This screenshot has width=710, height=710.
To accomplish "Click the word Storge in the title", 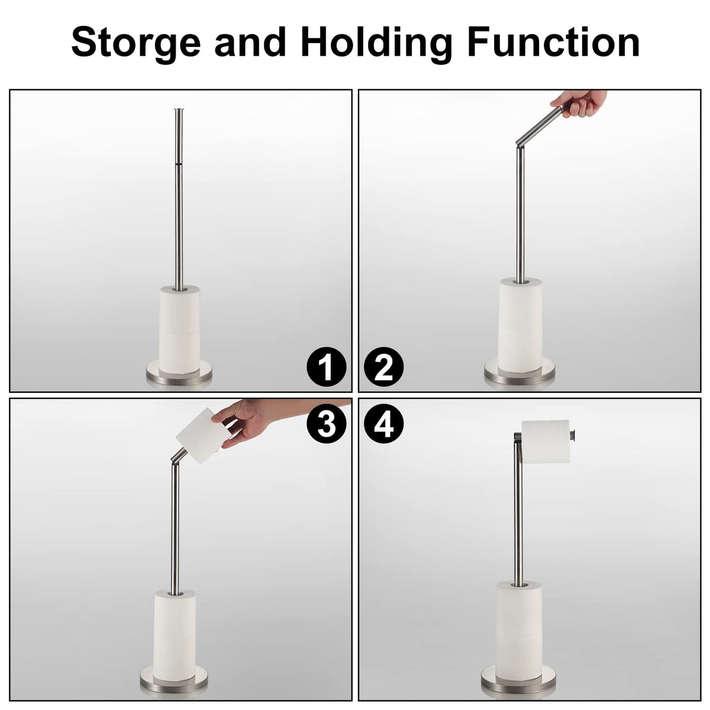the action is [136, 43].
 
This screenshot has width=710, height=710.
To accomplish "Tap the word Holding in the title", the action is [376, 43].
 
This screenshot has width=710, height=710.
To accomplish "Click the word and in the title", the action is [250, 41].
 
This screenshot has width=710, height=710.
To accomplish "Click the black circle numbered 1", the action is [326, 367].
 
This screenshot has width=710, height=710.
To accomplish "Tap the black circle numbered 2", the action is [383, 367].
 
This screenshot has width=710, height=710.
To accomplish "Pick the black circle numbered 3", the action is [326, 424].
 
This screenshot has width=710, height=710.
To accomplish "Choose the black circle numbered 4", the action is [383, 424].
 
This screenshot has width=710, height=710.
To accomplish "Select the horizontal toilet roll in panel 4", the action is [546, 441].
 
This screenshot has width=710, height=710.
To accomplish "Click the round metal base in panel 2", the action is [519, 372].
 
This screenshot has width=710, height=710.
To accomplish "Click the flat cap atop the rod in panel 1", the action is [179, 109].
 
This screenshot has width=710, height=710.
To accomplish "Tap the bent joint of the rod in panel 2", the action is [519, 143].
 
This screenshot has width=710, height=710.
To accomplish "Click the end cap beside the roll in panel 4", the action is [573, 435].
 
